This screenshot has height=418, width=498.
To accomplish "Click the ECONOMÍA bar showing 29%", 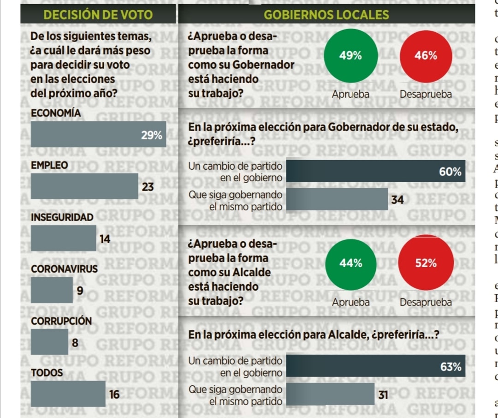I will [98, 134].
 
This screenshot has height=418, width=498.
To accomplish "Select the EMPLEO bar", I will [84, 186].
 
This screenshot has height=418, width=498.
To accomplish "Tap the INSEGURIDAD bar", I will [63, 238].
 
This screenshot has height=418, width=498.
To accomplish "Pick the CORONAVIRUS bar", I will [51, 290].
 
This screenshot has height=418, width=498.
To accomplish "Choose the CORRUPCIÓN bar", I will [49, 342].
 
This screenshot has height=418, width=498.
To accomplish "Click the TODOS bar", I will [68, 394].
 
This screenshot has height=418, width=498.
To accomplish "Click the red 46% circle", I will [425, 56].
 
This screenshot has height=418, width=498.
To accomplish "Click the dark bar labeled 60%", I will [375, 172].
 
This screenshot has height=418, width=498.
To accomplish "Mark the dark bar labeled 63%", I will [375, 366].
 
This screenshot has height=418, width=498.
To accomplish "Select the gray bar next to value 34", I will [337, 200].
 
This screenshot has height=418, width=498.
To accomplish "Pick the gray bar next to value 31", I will [330, 394].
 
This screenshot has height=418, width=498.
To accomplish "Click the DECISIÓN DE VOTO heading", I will [98, 15].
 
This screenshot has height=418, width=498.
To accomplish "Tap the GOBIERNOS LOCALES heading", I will [326, 15].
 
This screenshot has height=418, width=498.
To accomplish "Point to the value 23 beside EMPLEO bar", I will [148, 187].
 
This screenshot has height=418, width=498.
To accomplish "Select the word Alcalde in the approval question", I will [252, 273].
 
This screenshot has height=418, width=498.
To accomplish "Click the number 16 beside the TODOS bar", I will [114, 394].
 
